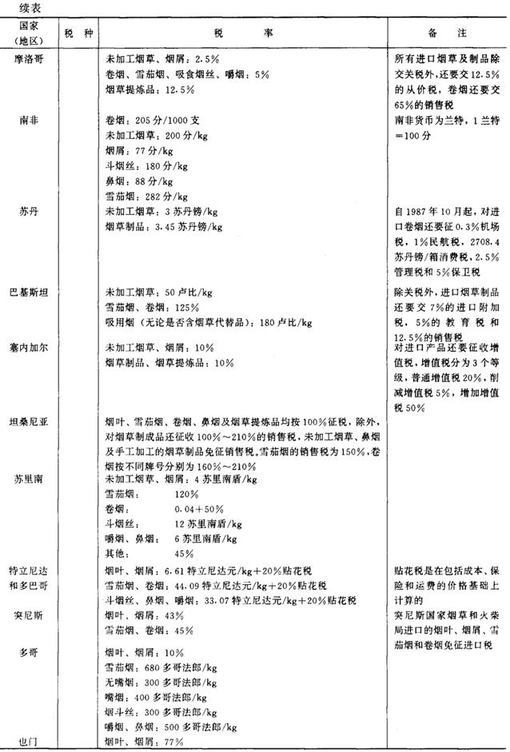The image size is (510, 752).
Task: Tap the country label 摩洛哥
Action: click(x=30, y=60)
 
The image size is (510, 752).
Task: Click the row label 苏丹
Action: click(x=30, y=212)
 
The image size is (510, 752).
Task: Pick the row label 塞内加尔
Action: click(x=30, y=348)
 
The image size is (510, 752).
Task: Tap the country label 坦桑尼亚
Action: click(x=30, y=421)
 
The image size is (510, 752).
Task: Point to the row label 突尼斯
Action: click(x=30, y=616)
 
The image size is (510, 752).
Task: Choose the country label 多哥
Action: click(x=30, y=652)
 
